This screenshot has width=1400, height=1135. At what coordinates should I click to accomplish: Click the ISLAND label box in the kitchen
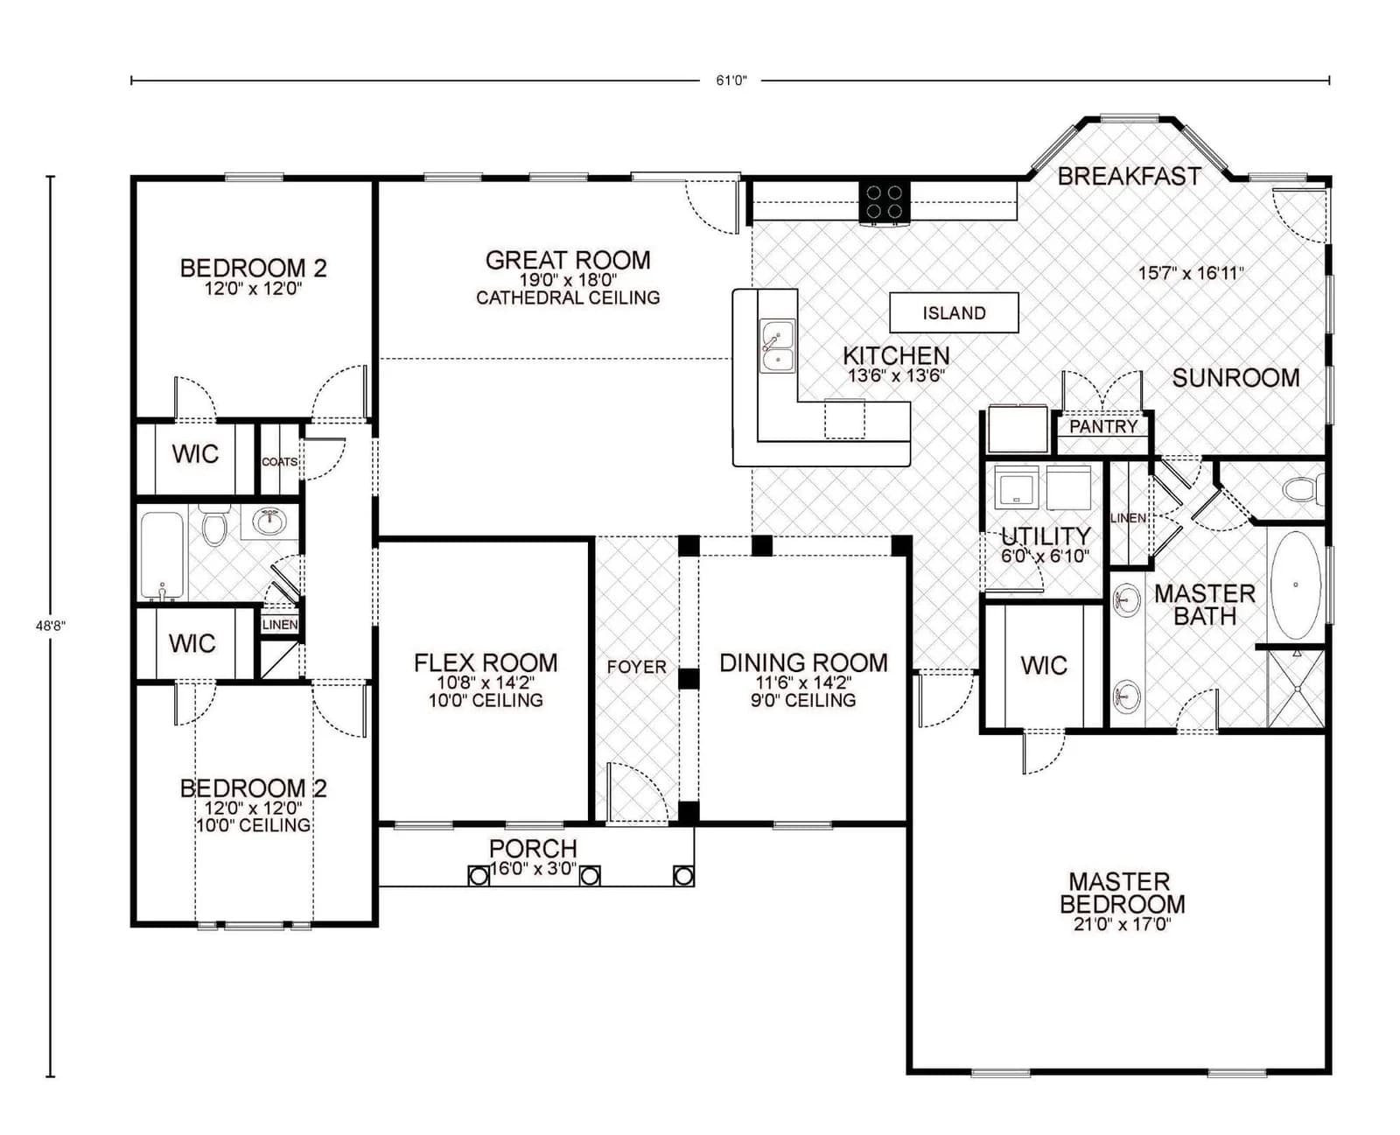click(954, 312)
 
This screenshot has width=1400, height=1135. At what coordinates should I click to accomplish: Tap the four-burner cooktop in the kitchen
click(885, 202)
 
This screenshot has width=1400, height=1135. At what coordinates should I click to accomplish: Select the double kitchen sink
click(776, 347)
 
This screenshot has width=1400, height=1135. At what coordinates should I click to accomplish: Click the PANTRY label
click(1103, 426)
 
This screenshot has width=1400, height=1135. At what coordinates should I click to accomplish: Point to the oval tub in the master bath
click(1296, 584)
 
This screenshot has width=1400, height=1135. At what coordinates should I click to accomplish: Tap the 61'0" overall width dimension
click(731, 81)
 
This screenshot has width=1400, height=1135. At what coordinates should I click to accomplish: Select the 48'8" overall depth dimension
click(50, 626)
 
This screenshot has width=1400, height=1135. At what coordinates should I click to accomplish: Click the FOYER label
click(636, 667)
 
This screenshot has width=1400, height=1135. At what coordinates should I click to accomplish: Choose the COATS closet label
click(279, 461)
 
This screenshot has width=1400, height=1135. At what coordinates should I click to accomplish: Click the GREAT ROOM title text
click(568, 260)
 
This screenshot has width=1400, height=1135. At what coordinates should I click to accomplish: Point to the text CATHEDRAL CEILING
click(568, 298)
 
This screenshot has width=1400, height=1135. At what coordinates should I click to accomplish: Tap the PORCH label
click(533, 848)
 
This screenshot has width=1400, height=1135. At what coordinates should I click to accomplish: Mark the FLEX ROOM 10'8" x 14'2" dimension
click(486, 683)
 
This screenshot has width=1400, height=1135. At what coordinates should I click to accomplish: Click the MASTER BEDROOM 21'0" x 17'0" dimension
click(1122, 924)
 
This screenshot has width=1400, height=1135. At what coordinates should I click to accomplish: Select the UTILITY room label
click(1046, 536)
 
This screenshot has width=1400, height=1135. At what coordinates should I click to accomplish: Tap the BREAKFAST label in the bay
click(1129, 177)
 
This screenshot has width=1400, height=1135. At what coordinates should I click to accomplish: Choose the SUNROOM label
click(1235, 378)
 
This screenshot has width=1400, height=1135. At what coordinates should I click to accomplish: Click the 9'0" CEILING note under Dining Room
click(803, 700)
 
